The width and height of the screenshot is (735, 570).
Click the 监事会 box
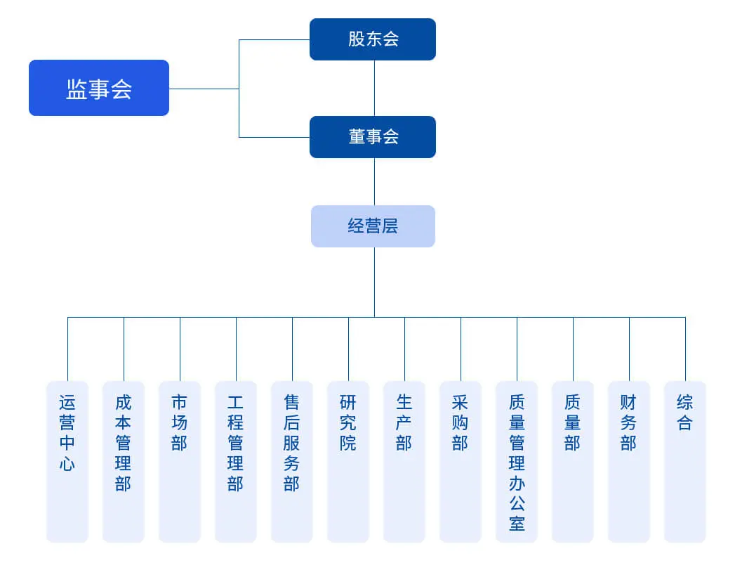coord(98,88)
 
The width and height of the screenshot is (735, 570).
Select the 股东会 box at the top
coord(373,39)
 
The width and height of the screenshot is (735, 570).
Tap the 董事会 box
coord(373,137)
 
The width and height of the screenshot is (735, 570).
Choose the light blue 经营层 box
coord(373,226)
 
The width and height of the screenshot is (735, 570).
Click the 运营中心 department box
coord(67,461)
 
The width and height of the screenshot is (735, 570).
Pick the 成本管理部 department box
coord(124,461)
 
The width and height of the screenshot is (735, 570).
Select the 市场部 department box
coord(180,461)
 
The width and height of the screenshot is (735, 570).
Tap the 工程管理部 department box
coord(236,461)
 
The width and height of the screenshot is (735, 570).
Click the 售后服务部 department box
coord(292,461)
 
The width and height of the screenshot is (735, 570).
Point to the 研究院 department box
coord(348,461)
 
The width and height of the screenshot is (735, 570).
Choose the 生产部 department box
coord(404,461)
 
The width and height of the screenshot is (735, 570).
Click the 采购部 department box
coord(461,461)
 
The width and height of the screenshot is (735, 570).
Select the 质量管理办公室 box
coord(517,461)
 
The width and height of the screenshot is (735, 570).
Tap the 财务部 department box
coord(629,461)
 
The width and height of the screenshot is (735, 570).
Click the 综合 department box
coord(685,461)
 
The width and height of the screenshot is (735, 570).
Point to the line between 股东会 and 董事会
coord(374,88)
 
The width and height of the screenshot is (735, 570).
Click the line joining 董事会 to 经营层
coord(374,181)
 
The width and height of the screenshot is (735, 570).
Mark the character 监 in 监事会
coord(77,89)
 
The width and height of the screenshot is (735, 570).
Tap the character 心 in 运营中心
coord(67,464)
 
